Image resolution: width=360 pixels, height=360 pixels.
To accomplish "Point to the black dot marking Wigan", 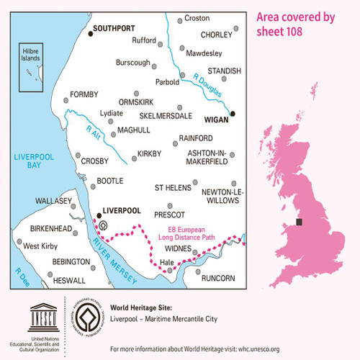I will [233, 113].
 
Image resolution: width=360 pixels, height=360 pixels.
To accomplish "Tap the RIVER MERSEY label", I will [104, 253].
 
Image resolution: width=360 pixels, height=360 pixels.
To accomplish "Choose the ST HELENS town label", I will [173, 187].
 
